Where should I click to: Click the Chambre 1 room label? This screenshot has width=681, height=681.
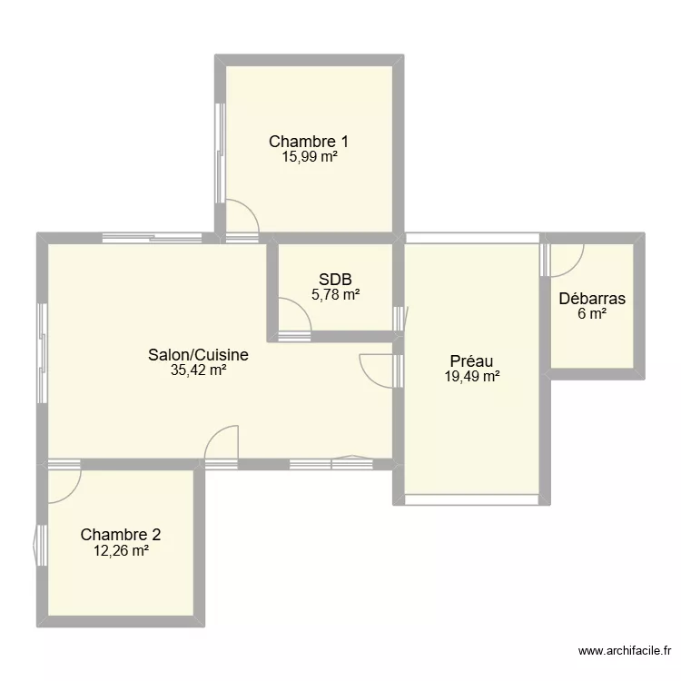[x=309, y=141]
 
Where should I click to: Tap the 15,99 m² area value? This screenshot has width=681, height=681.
[x=309, y=156]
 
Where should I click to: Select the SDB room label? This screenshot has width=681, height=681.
[x=335, y=280]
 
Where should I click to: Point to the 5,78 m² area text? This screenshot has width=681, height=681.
[x=335, y=294]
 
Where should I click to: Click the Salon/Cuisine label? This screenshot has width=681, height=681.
[x=198, y=355]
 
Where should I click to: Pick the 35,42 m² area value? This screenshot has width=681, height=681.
[x=198, y=370]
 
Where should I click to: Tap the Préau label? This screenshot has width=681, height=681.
[x=471, y=361]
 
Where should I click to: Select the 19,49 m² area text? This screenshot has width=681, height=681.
[x=471, y=376]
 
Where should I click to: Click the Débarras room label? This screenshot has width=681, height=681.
[x=592, y=299]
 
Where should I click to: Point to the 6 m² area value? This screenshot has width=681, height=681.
[x=592, y=314]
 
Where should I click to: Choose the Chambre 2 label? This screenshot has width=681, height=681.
[x=121, y=535]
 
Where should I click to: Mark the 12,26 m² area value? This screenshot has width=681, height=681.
[x=121, y=550]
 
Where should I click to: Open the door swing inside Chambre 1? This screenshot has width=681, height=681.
[x=241, y=218]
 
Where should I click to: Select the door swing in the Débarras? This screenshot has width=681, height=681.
[x=565, y=262]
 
